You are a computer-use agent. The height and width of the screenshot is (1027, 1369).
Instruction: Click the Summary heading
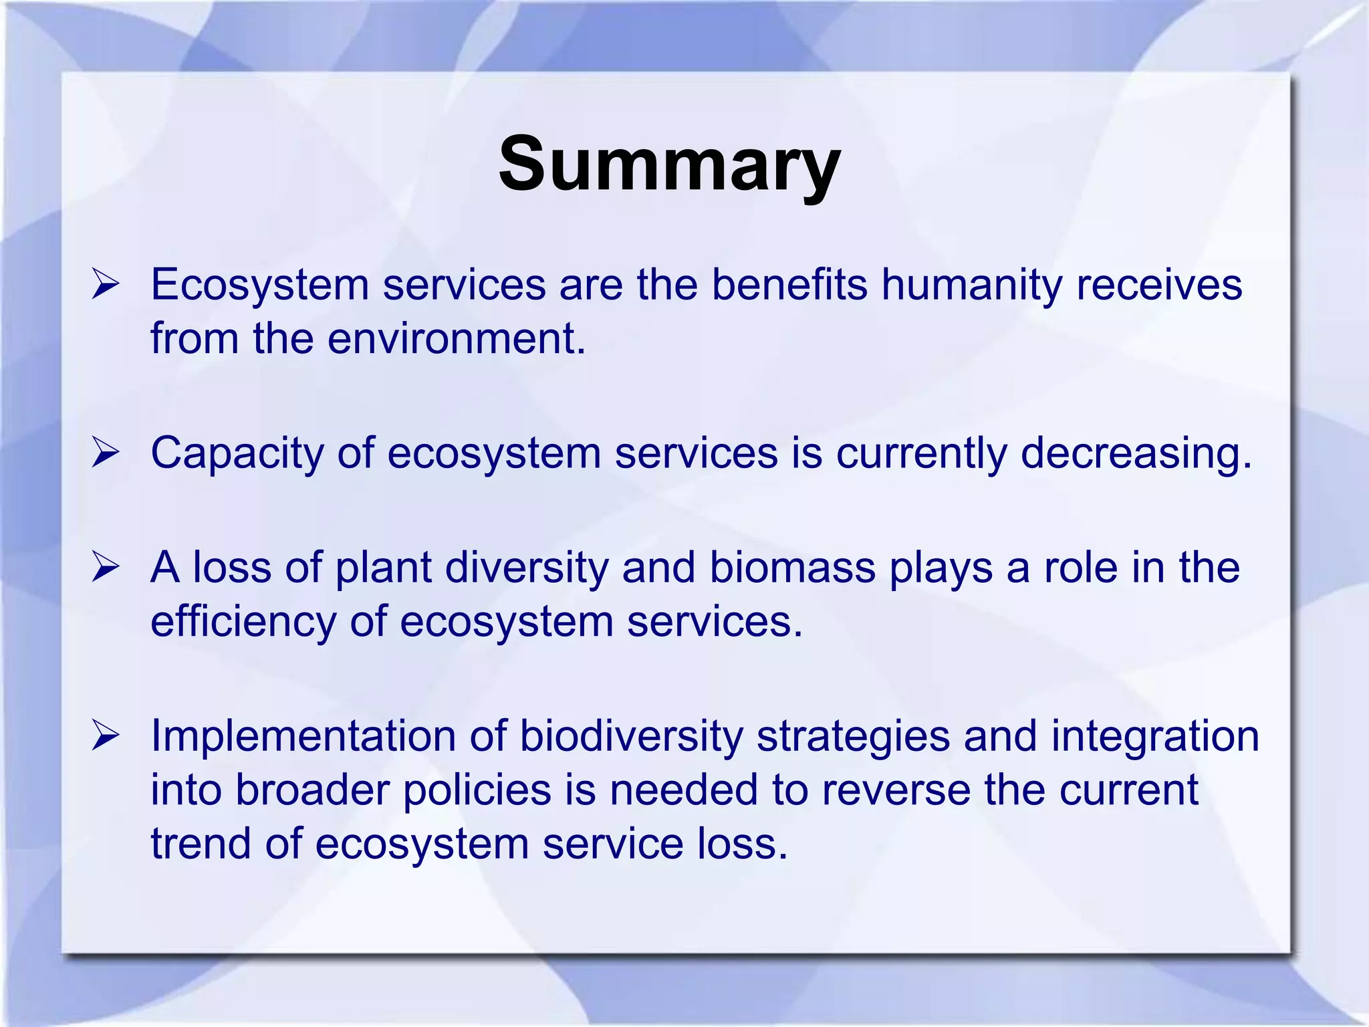(669, 164)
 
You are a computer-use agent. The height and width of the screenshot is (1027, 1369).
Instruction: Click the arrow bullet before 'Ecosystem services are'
(106, 285)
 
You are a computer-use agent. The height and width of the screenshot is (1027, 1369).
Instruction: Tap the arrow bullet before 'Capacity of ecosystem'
(106, 453)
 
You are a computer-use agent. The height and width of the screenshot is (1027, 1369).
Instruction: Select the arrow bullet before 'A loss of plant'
(106, 568)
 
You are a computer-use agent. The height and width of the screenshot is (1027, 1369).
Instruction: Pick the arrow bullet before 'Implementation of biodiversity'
(106, 735)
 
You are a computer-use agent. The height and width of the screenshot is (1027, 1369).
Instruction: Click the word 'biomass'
(792, 568)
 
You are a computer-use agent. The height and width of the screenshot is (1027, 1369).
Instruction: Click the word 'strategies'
(853, 737)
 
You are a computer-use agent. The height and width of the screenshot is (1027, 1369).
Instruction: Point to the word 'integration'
(1154, 737)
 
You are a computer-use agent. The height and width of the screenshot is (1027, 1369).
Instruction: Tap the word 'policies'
(477, 790)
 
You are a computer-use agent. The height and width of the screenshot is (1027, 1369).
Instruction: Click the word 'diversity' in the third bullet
(527, 568)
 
